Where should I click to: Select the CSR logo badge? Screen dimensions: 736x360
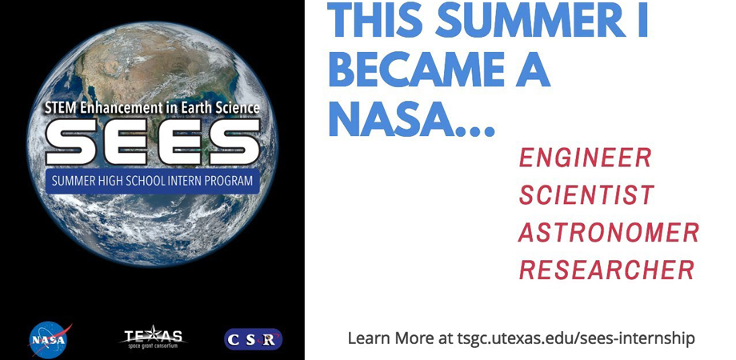[x=253, y=339]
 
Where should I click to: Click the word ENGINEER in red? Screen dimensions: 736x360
[x=586, y=158]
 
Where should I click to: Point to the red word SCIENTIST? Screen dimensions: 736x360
[x=586, y=194]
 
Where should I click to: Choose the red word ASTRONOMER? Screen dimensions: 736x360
[x=609, y=232]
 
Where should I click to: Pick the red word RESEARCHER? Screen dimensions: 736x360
[x=606, y=270]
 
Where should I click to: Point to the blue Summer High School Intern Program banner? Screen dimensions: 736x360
[x=152, y=181]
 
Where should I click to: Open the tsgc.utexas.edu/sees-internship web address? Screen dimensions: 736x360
[x=576, y=338]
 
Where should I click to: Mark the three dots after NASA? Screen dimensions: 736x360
[x=475, y=131]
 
